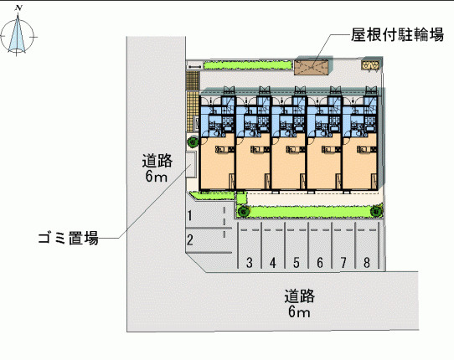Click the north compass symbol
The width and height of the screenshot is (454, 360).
18,32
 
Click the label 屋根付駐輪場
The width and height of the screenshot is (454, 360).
397,34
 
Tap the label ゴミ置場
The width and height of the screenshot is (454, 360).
69,238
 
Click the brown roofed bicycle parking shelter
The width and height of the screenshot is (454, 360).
312,68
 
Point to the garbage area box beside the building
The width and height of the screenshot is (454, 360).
191,164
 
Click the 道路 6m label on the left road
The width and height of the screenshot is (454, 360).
157,168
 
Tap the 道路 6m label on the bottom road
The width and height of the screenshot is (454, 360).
299,303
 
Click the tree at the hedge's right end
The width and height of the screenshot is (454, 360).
376,211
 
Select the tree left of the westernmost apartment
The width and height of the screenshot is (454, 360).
193,141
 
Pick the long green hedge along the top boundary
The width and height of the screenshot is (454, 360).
248,65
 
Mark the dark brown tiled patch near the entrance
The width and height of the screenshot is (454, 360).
193,80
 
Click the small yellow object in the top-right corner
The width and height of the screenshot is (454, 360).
370,65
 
